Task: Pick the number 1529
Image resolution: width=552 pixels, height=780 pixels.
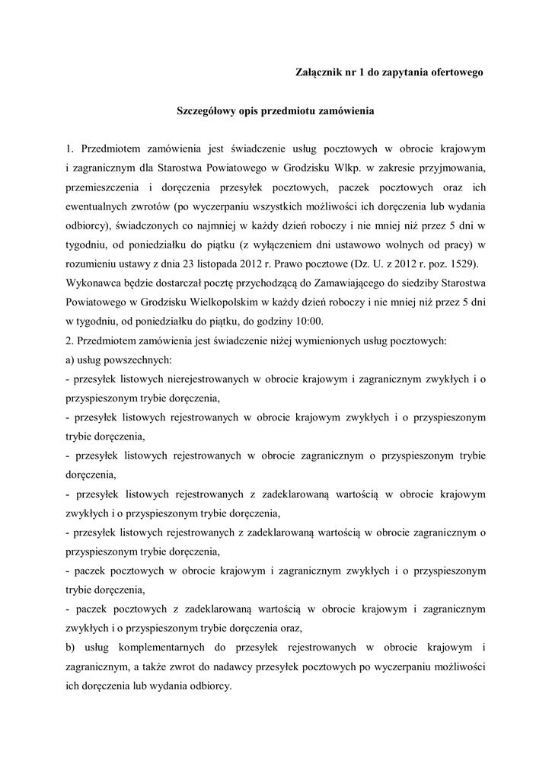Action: (464, 264)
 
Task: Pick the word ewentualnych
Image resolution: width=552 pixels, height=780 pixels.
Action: (104, 205)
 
